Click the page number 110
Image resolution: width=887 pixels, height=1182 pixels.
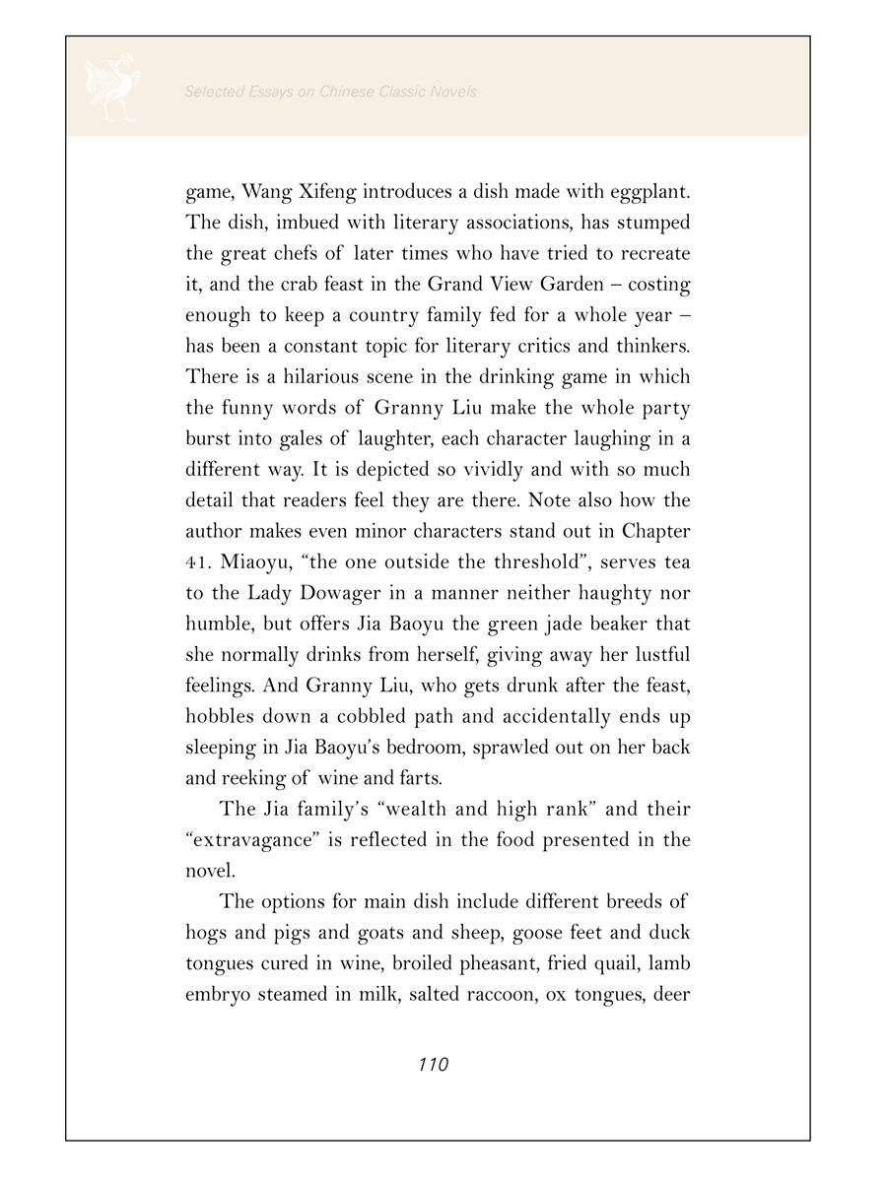tap(434, 1065)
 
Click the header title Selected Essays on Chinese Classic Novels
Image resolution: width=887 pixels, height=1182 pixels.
tap(330, 92)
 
